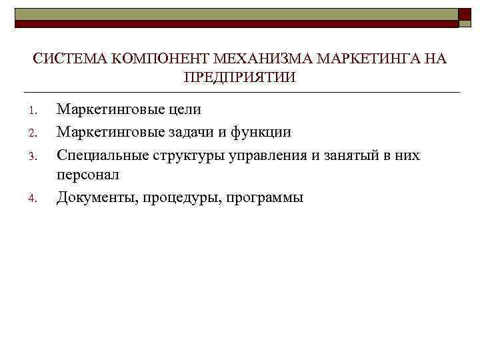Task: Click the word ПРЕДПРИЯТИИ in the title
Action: click(239, 77)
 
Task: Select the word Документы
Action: click(95, 197)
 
